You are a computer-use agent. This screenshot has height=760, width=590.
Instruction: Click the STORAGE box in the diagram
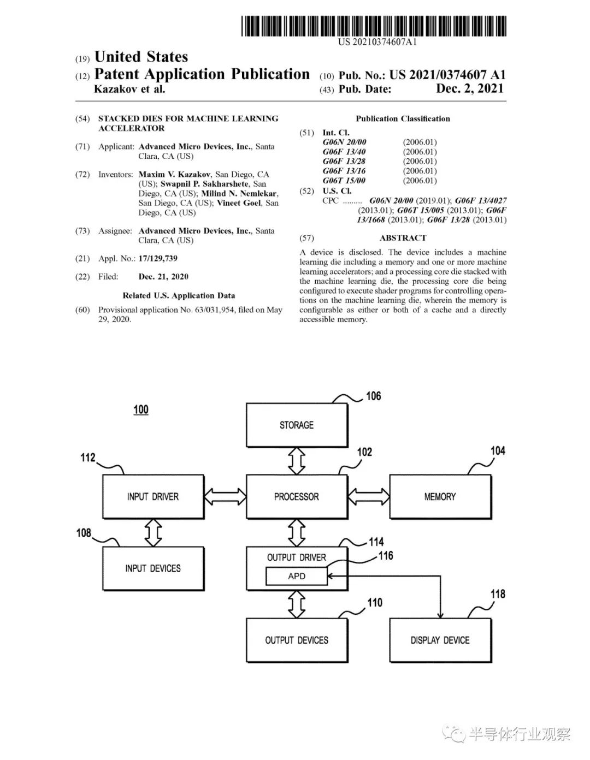(297, 425)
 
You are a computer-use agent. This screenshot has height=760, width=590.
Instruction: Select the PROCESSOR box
(297, 496)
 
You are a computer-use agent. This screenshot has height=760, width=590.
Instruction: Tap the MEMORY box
(440, 496)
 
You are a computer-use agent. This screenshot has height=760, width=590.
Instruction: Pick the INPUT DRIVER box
(154, 496)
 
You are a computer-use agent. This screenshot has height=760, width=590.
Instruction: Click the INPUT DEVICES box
(154, 568)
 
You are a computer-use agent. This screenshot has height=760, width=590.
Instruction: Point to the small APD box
(297, 576)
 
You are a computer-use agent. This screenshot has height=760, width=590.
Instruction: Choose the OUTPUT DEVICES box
(297, 640)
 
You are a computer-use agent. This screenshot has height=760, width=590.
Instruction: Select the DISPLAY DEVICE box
(440, 640)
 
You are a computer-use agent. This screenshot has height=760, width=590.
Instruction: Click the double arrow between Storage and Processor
(297, 461)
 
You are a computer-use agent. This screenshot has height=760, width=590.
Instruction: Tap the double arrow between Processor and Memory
(369, 496)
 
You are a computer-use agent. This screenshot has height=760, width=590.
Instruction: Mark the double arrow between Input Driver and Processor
(226, 496)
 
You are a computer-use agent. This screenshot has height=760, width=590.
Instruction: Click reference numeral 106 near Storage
(373, 396)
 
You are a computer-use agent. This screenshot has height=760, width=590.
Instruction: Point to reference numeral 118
(498, 594)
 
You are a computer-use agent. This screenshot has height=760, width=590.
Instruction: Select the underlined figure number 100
(141, 409)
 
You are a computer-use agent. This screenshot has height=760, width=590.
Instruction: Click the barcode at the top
(374, 26)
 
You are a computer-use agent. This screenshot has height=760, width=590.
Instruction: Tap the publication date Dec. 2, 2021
(470, 88)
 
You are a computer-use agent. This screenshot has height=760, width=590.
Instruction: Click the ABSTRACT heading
(403, 238)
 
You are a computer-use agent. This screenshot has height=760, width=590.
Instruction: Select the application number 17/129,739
(158, 258)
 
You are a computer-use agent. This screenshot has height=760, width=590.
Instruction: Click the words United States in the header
(141, 57)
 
